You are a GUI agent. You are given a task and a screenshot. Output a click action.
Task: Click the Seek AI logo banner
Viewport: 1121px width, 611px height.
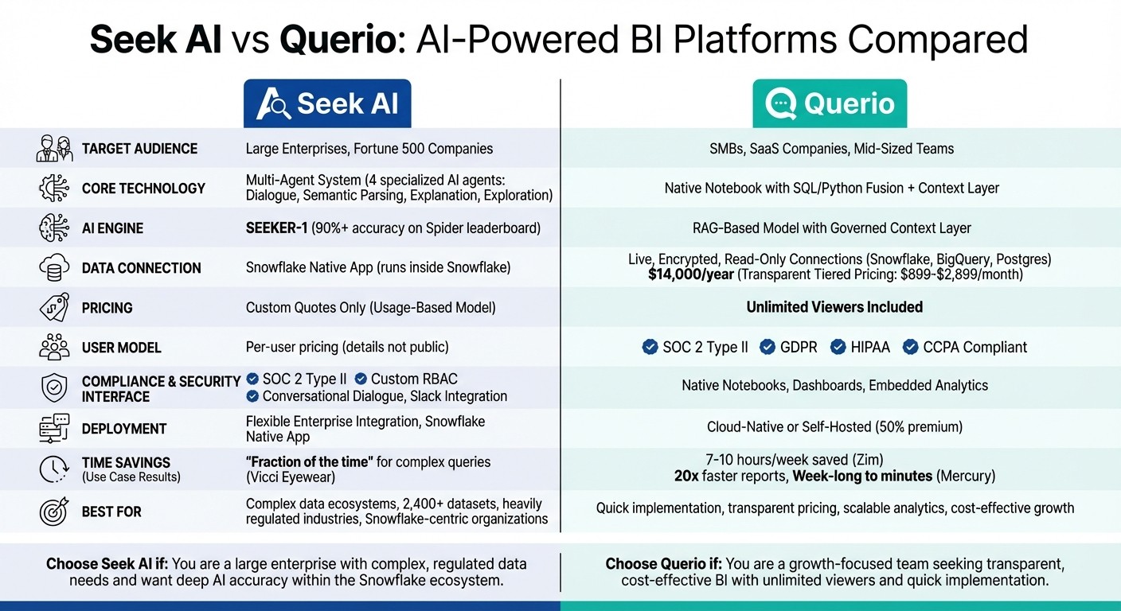[327, 103]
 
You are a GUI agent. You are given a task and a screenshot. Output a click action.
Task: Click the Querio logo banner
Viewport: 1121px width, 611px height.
[830, 103]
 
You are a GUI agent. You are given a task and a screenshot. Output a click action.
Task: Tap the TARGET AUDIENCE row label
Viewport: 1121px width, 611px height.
[139, 149]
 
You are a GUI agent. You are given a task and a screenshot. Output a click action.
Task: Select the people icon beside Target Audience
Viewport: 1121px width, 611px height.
[54, 149]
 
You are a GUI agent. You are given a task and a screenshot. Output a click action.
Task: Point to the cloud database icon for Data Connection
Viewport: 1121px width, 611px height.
[54, 268]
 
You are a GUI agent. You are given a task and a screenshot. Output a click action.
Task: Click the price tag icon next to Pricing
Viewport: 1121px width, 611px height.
[54, 308]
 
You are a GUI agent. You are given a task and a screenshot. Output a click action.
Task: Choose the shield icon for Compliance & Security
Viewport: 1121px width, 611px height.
[54, 387]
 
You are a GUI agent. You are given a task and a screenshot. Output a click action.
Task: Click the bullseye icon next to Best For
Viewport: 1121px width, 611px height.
[54, 512]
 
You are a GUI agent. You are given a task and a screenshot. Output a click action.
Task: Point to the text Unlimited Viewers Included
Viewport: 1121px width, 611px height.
[834, 307]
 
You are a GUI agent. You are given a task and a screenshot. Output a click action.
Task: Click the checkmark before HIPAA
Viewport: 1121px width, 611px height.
[838, 347]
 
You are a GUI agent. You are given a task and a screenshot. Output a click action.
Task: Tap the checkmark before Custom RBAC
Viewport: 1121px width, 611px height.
[361, 379]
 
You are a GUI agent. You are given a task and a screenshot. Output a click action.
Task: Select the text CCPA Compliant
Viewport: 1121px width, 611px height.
[975, 347]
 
